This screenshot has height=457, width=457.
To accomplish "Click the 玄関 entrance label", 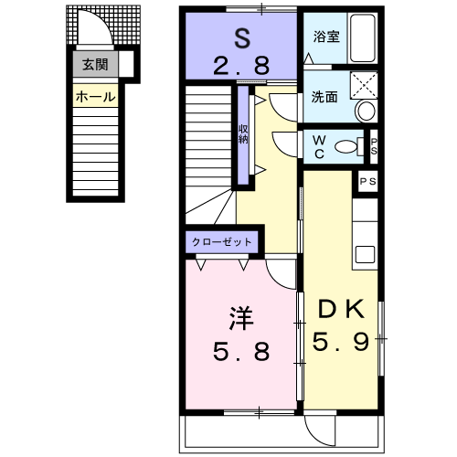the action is coord(95,65).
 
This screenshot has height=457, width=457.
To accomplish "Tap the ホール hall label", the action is coord(96,97).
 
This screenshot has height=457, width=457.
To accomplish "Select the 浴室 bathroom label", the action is coord(326,37).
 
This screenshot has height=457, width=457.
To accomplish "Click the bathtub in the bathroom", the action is coord(362,37).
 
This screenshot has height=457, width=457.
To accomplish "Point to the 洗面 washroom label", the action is coord(324,97).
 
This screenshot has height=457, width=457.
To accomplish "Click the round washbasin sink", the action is coord(366,111).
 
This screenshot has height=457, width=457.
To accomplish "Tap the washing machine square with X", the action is coord(364,85).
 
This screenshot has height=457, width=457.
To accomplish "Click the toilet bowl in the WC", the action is coord(346,146).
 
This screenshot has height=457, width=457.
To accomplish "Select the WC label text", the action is coord(319,147).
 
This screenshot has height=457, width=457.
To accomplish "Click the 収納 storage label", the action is coord(243,134).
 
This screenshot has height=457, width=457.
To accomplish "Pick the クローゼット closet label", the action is coord(222,242).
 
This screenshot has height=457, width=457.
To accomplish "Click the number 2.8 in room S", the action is coord(241,66).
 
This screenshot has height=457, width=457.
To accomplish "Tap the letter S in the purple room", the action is coord(242,38).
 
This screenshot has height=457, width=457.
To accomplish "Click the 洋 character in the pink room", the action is coord(241,319).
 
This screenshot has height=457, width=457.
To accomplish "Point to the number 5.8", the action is coord(241,351).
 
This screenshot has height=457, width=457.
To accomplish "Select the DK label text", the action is coord(341,309).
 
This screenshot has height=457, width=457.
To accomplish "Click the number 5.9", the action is coord(341,342).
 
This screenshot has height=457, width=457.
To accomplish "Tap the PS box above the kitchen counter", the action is coord(367,182).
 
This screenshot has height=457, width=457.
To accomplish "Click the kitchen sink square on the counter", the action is coord(366,254).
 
